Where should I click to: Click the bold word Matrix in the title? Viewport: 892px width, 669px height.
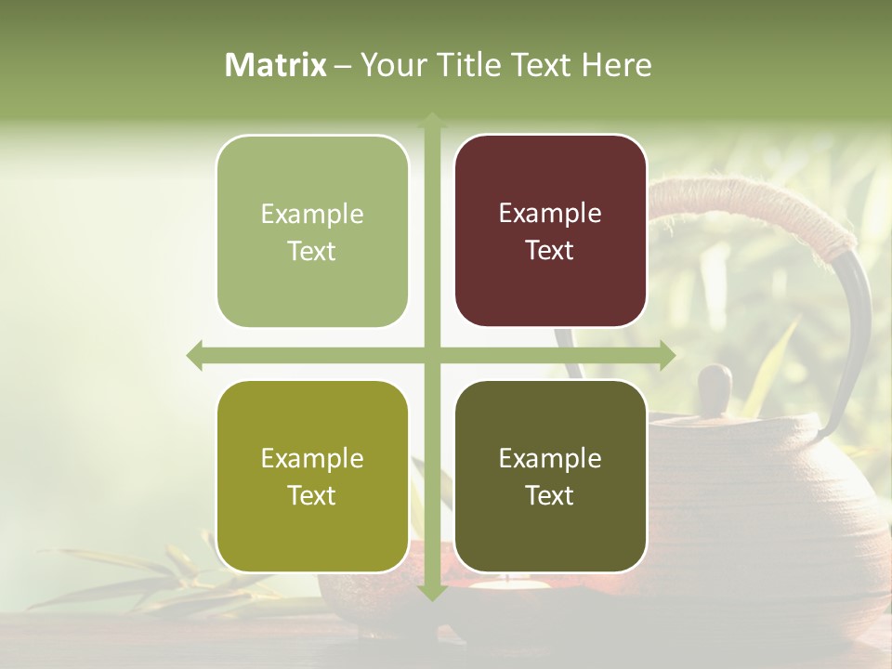tap(276, 65)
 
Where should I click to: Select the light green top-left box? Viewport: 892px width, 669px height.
tap(312, 231)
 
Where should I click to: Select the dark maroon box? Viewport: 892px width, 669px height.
tap(550, 231)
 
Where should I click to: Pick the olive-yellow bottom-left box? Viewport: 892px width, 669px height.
tap(312, 477)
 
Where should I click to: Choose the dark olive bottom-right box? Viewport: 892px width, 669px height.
tap(550, 477)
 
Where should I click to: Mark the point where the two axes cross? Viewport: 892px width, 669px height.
tap(431, 355)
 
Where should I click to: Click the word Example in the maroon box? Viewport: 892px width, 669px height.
tap(550, 213)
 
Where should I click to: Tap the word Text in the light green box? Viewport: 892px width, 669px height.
tap(312, 251)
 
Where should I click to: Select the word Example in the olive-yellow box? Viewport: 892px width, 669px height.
tap(312, 458)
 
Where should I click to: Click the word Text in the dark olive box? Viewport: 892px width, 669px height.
tap(550, 496)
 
